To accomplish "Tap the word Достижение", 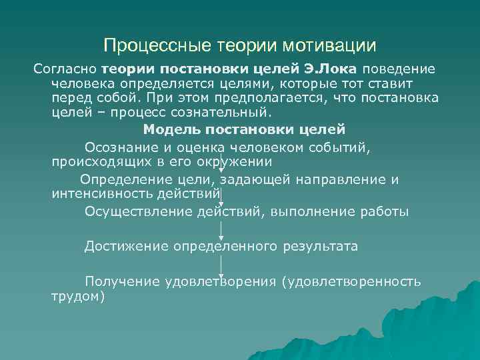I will click(x=126, y=247).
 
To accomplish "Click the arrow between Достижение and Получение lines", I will click(x=221, y=265).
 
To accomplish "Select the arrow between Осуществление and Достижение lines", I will click(x=221, y=229).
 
